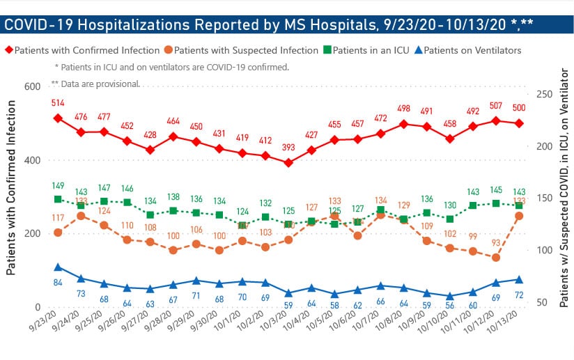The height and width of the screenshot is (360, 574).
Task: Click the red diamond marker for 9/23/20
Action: tap(58, 118)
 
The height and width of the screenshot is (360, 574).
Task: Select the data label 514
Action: tap(58, 103)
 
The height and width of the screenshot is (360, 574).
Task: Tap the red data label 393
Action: tap(288, 148)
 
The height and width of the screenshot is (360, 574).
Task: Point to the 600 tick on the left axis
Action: tap(32, 86)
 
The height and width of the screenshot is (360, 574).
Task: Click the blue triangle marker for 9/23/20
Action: tap(58, 267)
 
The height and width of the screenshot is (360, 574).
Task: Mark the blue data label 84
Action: tap(58, 282)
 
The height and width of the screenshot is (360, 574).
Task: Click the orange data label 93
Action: tap(496, 243)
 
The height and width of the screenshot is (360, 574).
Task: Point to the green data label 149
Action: tap(58, 185)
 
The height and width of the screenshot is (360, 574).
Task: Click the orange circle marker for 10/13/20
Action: tap(519, 216)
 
